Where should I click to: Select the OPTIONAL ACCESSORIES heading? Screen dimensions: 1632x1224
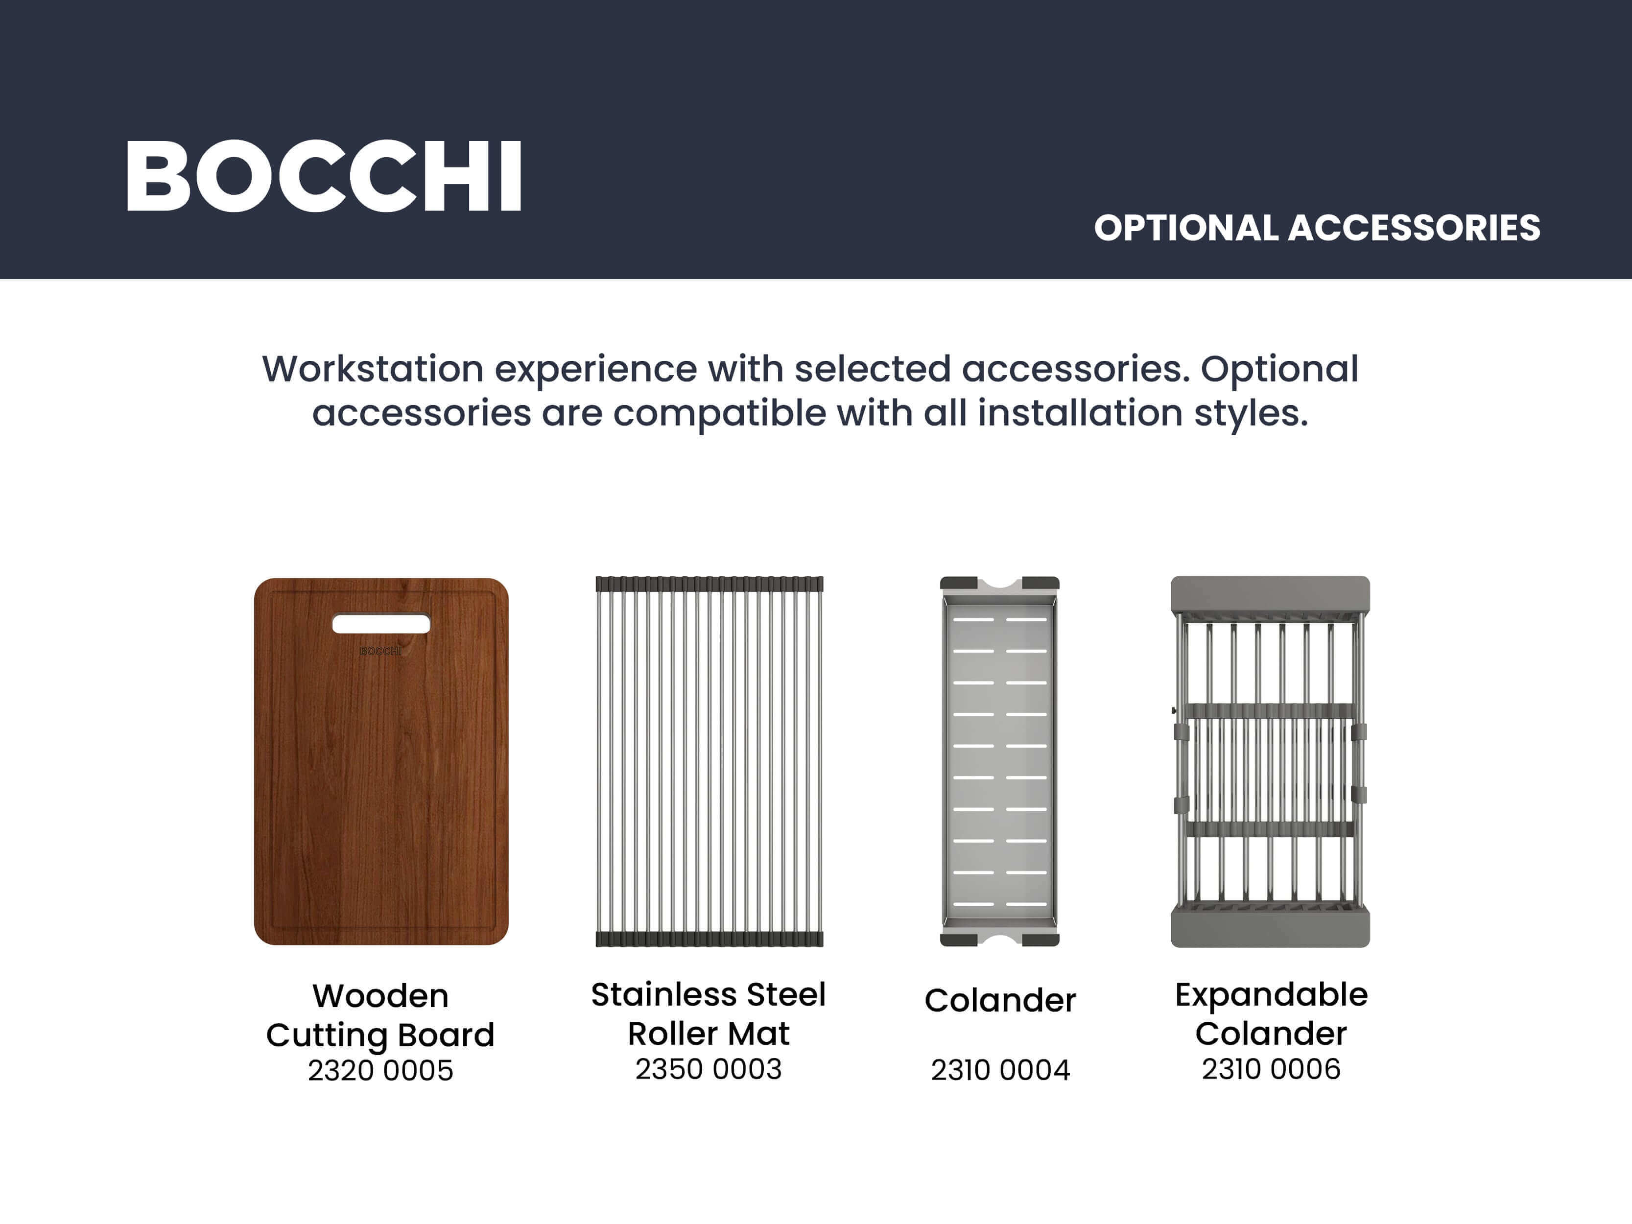click(1317, 228)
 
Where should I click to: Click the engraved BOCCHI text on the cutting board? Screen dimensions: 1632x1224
click(380, 651)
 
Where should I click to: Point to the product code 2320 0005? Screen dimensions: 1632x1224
click(380, 1071)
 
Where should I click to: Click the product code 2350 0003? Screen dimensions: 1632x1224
click(709, 1069)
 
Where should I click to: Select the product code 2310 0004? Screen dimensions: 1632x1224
click(1000, 1070)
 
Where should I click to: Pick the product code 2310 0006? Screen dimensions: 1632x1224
click(1271, 1069)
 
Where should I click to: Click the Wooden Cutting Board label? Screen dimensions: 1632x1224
click(380, 1016)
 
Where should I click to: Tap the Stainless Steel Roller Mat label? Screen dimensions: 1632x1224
click(709, 1014)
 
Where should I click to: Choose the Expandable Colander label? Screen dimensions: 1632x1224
click(1271, 1014)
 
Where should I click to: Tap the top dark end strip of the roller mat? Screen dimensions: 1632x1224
click(709, 584)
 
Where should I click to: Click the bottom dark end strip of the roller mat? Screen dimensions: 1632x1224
click(709, 939)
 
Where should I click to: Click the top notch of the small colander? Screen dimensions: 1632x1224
click(1000, 584)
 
